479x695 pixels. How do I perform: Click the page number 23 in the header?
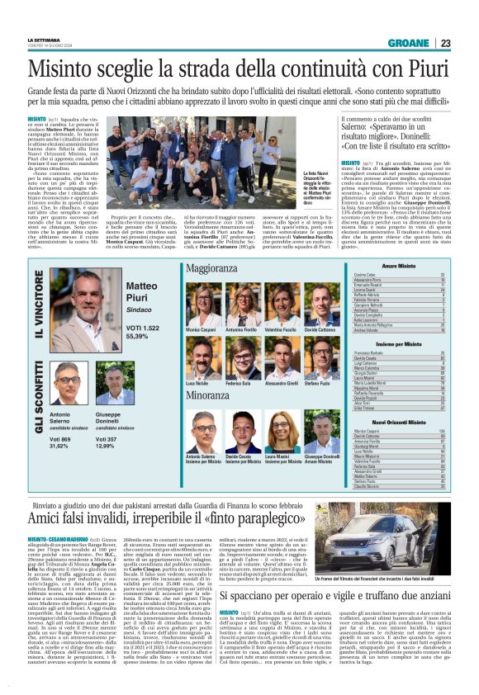point(445,44)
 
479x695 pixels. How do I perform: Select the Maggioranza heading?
point(212,269)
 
